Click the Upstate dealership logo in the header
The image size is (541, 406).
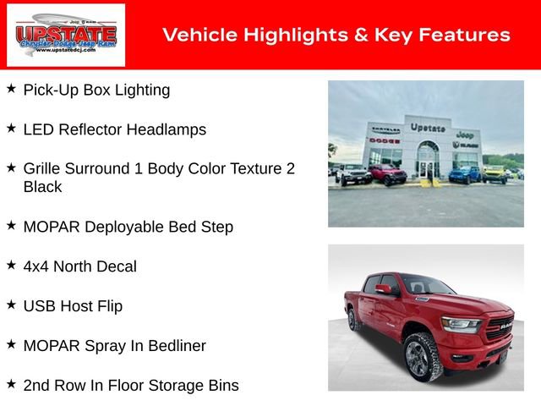click(66, 35)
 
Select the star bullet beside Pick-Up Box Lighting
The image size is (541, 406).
click(11, 88)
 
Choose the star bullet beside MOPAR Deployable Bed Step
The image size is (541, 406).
click(11, 225)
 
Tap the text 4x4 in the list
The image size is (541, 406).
click(38, 266)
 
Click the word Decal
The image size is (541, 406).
click(115, 266)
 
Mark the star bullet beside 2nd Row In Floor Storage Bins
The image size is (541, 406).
click(11, 384)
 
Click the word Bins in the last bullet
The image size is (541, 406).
click(222, 386)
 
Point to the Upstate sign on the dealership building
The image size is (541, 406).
click(428, 128)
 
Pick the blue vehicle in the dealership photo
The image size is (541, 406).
click(464, 174)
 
